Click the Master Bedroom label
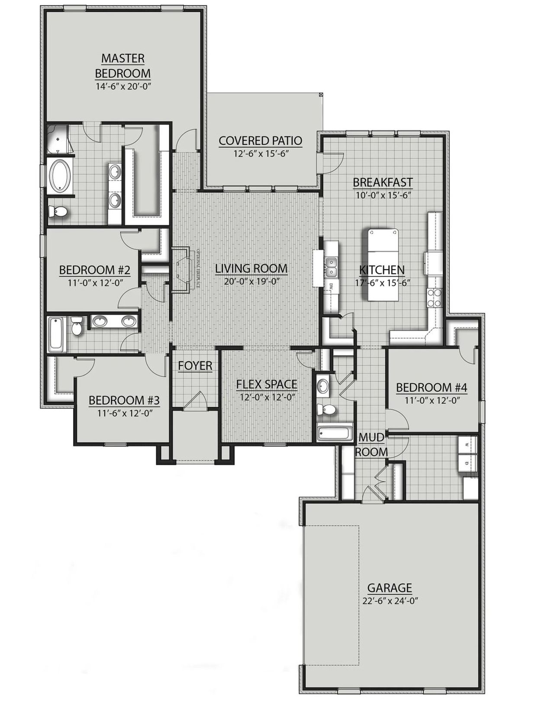[122, 65]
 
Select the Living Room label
[251, 268]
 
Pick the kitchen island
[384, 265]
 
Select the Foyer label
[195, 366]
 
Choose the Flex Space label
[267, 384]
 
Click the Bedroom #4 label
[432, 387]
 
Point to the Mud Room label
[371, 445]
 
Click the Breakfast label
[383, 182]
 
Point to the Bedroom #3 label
[124, 400]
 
